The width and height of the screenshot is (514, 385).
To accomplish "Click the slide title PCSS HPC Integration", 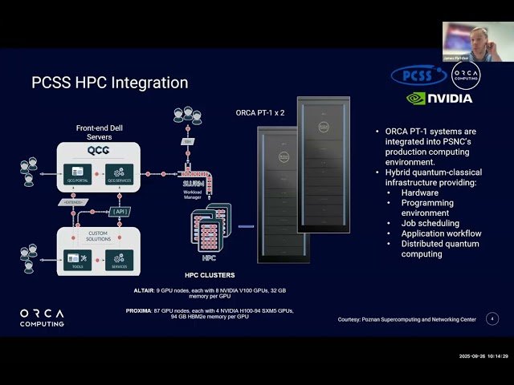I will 109,83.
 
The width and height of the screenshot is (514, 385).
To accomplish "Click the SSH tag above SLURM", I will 187,140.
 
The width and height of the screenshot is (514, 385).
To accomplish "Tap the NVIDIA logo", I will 439,98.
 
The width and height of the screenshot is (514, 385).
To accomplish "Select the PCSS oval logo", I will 418,76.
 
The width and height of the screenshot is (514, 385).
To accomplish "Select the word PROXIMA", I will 139,310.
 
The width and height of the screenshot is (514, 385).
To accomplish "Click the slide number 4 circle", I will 492,318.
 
